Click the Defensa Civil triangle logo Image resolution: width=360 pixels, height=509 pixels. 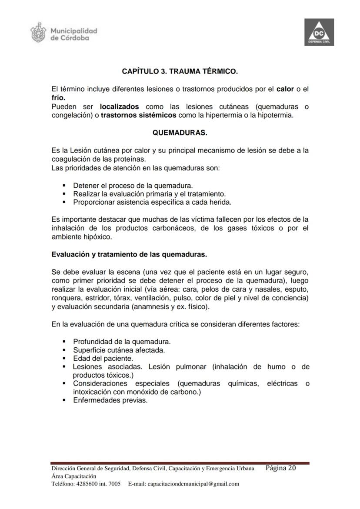coord(319,33)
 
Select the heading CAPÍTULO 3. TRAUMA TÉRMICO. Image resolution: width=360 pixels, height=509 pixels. coord(180,70)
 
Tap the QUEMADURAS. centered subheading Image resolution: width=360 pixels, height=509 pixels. coord(180,133)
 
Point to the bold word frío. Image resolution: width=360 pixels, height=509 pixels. coord(58,98)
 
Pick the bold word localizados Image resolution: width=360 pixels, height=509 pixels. coord(119,106)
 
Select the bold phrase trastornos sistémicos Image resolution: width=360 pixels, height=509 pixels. coord(138,115)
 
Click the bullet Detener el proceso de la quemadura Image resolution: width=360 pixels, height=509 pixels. coord(133,185)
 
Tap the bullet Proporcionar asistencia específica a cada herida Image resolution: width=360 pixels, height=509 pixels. coord(152,202)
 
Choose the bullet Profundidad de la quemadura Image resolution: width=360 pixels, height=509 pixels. coord(122,341)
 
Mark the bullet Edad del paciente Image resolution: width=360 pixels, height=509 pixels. coord(103,359)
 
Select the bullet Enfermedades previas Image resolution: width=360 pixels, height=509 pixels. coord(110,400)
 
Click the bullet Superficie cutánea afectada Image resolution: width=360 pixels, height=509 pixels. coord(119,350)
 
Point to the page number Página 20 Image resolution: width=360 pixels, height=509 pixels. coord(280,468)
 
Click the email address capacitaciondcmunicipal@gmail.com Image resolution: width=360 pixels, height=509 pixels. coord(193,484)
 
